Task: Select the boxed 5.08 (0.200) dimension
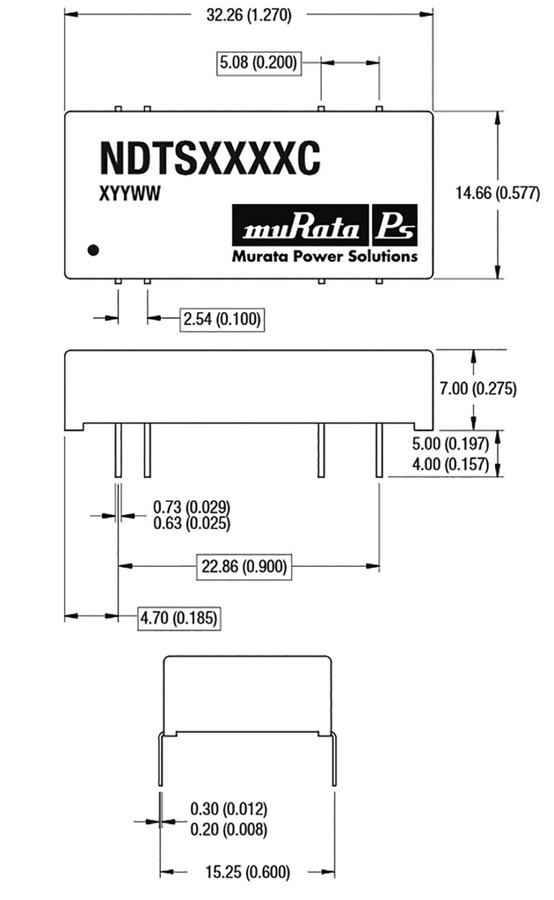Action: click(x=259, y=62)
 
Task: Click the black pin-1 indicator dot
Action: click(x=93, y=250)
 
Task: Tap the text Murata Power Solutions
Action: click(x=324, y=258)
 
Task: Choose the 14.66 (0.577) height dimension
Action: click(x=498, y=194)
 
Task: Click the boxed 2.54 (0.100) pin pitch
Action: click(x=222, y=319)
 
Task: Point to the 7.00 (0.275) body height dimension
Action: click(x=477, y=388)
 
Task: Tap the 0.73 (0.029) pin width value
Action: click(x=192, y=507)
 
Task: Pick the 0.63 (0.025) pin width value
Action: click(x=192, y=524)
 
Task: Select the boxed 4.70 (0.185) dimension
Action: click(x=179, y=619)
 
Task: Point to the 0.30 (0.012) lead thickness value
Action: click(x=228, y=809)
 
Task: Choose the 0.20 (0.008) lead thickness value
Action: click(x=228, y=829)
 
